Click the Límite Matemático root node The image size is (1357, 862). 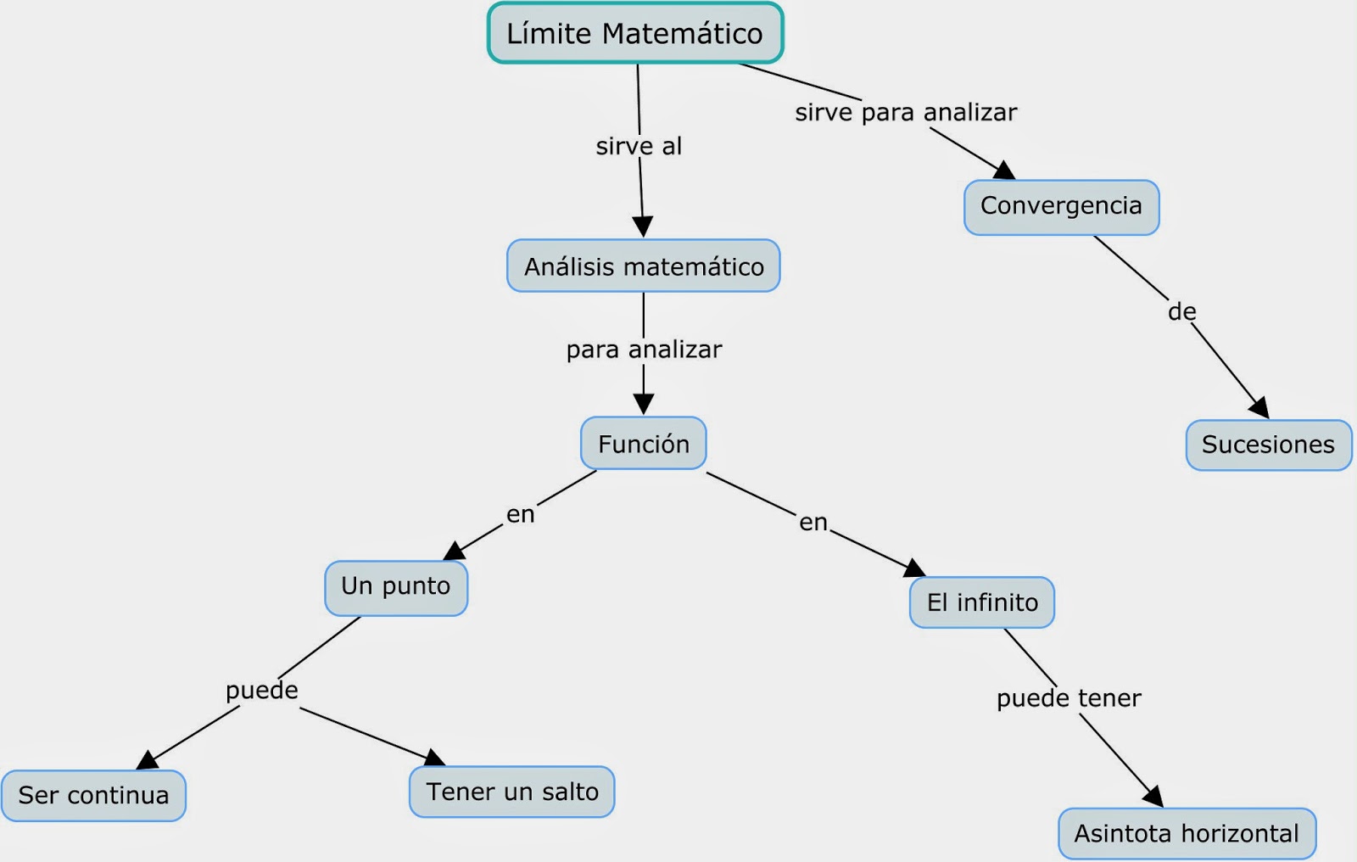pos(635,33)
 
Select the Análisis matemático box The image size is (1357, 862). pos(644,266)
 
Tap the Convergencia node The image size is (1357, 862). pos(1061,206)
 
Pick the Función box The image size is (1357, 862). pos(644,444)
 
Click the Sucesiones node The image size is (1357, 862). pos(1268,445)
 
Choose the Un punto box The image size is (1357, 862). pos(396,587)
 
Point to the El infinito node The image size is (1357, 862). pos(982,602)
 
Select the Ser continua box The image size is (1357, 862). pos(93,795)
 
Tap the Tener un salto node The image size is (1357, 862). pos(512,792)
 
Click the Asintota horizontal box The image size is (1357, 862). pos(1187,833)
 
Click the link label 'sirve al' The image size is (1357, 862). pos(639,147)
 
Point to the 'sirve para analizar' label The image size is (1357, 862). pos(906,113)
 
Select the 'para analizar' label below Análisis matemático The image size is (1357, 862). pos(644,350)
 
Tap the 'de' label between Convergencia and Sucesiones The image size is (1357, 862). pos(1181,312)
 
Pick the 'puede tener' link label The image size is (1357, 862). pos(1069,698)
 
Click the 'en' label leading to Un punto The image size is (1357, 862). pos(521,514)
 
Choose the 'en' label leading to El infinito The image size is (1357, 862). pos(813,523)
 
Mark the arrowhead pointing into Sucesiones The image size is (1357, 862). pos(1260,408)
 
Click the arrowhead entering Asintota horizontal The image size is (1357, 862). pos(1153,796)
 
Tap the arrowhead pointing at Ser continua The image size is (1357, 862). pos(148,759)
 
